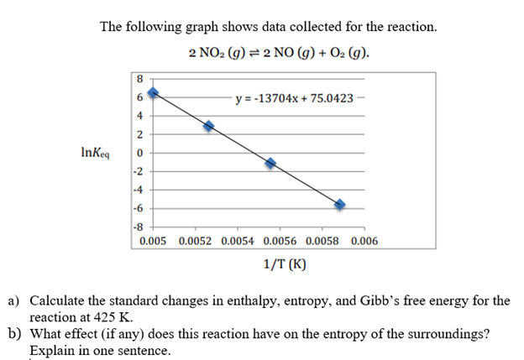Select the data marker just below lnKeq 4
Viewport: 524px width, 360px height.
[x=209, y=125]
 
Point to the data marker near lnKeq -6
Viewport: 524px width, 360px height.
[x=340, y=205]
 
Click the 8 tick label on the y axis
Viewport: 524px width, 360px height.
[x=139, y=79]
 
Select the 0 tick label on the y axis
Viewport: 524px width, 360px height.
[x=139, y=154]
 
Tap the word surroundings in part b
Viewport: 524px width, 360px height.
[x=439, y=334]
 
